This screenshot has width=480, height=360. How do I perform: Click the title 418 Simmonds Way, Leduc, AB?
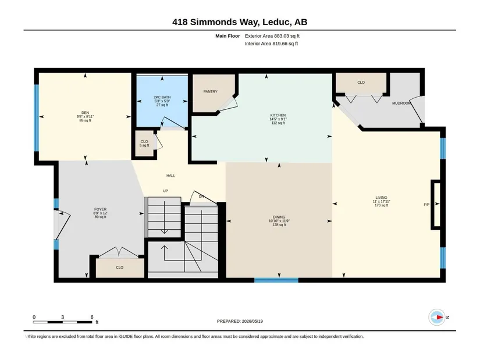point(240,22)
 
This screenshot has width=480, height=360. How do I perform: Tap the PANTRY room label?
point(210,91)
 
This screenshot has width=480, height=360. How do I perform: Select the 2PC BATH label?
point(162,97)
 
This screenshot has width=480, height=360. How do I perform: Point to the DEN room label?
point(85,113)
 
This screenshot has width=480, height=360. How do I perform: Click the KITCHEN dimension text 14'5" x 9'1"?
point(278,119)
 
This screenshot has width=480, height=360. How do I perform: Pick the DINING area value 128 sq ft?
point(279,224)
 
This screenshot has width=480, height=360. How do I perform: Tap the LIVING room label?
point(382,198)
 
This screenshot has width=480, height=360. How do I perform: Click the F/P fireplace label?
point(426,205)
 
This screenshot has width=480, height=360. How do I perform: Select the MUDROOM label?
point(401,103)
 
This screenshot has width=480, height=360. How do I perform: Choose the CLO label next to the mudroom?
point(361,83)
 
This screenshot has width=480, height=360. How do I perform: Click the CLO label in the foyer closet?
point(120,268)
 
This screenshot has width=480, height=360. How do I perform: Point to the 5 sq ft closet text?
point(144,145)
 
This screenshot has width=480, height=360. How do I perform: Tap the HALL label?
point(171,176)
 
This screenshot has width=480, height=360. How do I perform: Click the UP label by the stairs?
point(166,191)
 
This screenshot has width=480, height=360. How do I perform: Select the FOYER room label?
point(101,209)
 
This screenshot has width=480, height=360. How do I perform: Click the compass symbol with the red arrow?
point(437,317)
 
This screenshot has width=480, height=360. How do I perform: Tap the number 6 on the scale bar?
point(92,317)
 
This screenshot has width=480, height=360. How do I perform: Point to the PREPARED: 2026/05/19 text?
point(240,321)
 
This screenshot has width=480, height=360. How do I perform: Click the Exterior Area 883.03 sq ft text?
point(272,36)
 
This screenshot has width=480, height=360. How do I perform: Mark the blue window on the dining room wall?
point(276,280)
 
